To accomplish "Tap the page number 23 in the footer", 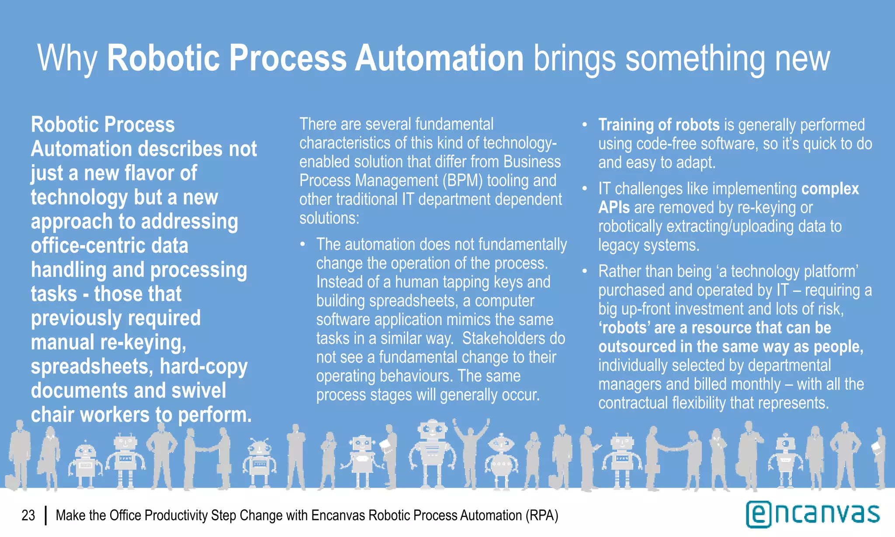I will click(28, 516).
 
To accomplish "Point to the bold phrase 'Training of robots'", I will click(659, 125).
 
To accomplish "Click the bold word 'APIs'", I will click(614, 208).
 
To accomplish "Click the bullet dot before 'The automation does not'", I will click(302, 244).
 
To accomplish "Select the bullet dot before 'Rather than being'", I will click(584, 271).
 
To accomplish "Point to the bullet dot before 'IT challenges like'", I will click(584, 189).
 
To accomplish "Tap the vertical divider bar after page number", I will click(45, 516).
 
